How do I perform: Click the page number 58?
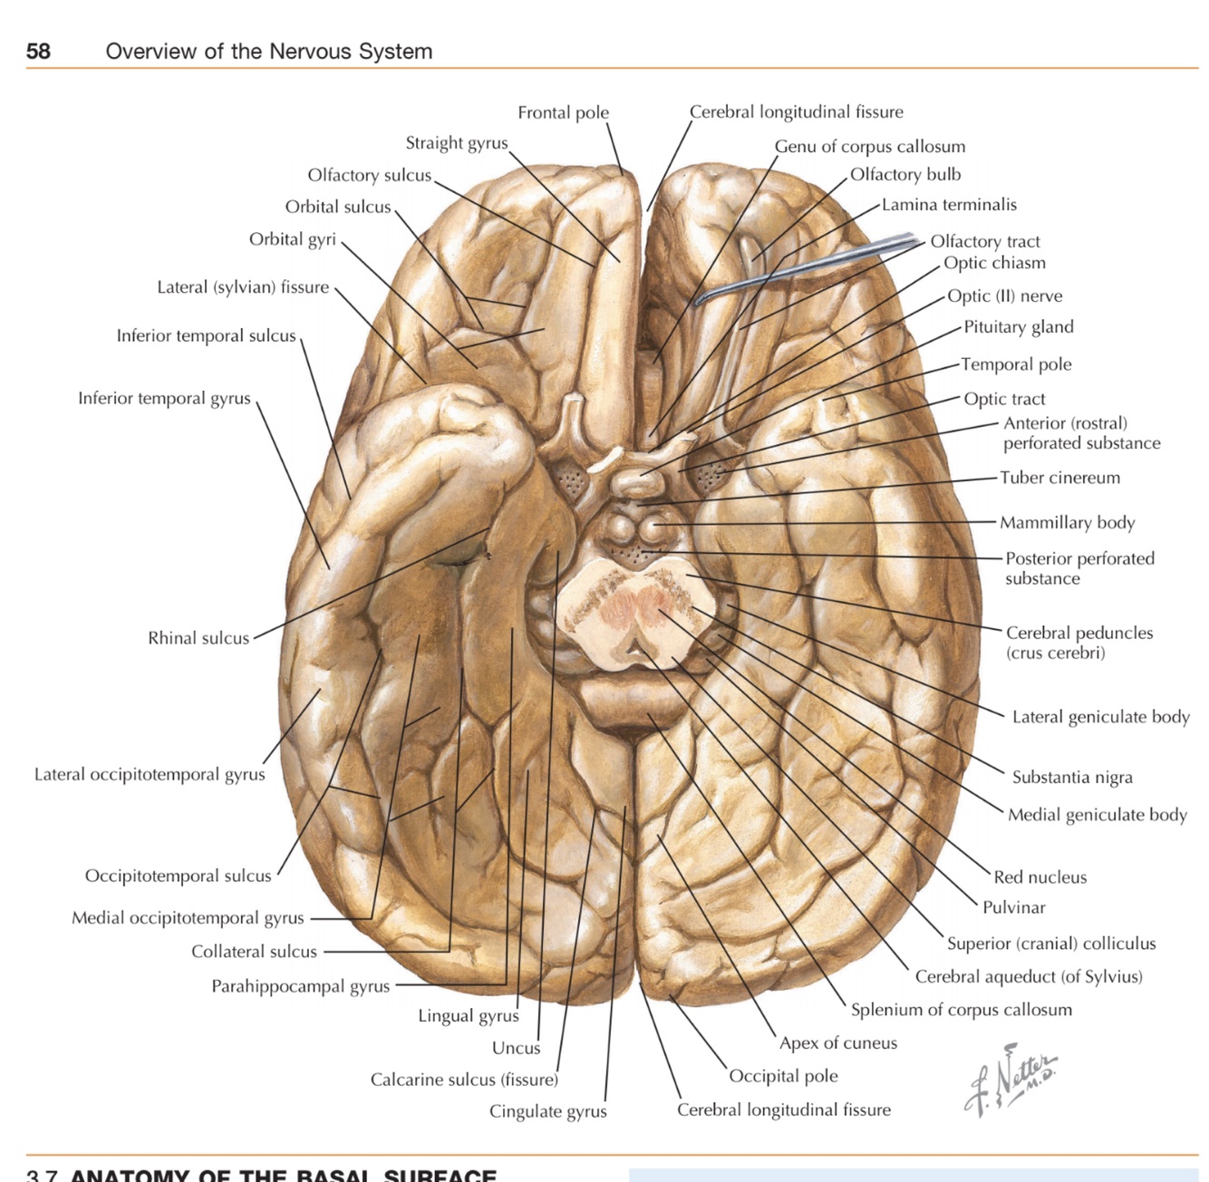(x=38, y=51)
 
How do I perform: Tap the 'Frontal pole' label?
(x=563, y=112)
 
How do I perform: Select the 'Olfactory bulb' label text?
(x=904, y=174)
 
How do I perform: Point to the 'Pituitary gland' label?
(x=1018, y=327)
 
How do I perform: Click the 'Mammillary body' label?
(x=1067, y=522)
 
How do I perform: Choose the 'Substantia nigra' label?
(x=1071, y=777)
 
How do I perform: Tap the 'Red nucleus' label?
(x=1040, y=877)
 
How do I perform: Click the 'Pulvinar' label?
(x=1013, y=907)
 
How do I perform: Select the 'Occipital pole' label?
(x=783, y=1076)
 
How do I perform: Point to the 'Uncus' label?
(x=516, y=1048)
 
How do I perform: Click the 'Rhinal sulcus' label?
(x=198, y=638)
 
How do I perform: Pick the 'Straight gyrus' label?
(x=456, y=143)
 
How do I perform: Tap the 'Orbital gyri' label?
(x=292, y=239)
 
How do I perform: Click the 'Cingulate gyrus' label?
(x=547, y=1111)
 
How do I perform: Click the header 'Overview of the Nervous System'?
(x=268, y=52)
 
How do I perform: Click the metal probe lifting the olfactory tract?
(x=816, y=263)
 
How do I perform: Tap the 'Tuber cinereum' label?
(x=1059, y=478)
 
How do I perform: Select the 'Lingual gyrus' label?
(x=468, y=1016)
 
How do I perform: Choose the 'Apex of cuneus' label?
(x=837, y=1043)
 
